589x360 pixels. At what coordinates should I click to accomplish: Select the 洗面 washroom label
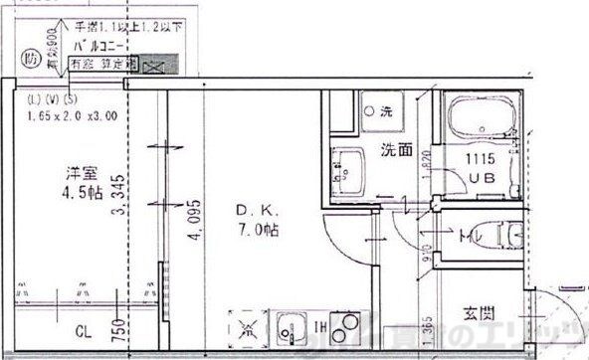click(397, 151)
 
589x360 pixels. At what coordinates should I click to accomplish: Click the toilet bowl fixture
click(507, 236)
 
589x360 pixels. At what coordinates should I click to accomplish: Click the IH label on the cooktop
click(321, 325)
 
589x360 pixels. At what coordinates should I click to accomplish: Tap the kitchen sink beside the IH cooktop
click(290, 325)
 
